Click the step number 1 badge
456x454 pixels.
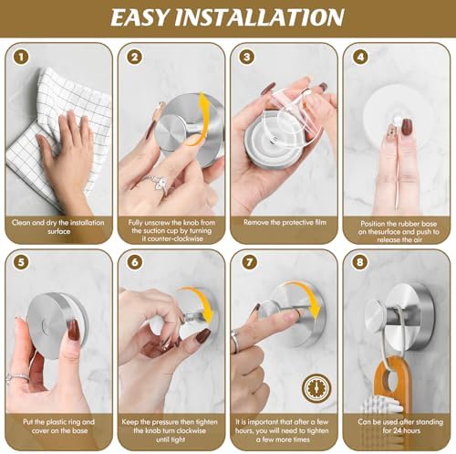(x=19, y=57)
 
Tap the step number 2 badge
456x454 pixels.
(x=134, y=57)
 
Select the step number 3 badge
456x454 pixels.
(x=247, y=57)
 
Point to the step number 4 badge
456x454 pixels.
(x=359, y=57)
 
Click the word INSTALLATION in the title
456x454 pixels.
(x=274, y=18)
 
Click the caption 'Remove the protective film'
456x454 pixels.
(x=283, y=222)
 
